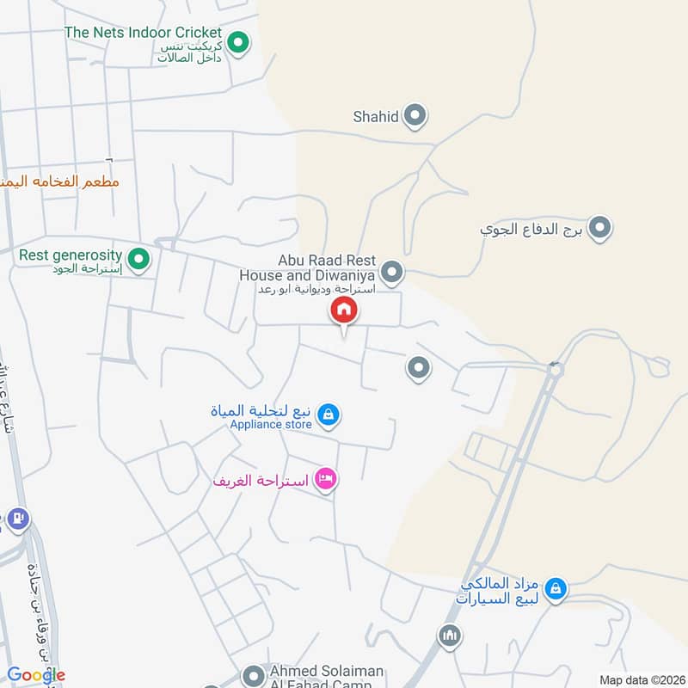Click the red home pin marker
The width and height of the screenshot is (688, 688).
coord(344,310)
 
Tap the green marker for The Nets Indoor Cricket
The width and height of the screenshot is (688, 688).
coord(239,41)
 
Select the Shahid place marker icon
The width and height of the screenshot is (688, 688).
coord(415,115)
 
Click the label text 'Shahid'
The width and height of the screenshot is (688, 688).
coord(376,116)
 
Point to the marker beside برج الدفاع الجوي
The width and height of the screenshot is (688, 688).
coord(600,229)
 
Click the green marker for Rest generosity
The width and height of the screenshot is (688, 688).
coord(137,257)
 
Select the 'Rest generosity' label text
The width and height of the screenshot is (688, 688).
coord(71,255)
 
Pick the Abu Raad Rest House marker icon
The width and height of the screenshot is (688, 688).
coord(392,273)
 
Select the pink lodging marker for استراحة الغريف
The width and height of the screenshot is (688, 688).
coord(325,479)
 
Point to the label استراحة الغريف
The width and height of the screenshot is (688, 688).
coord(261,480)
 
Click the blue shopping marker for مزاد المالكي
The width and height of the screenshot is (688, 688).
coord(556,588)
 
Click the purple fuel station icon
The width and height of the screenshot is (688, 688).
coord(17,519)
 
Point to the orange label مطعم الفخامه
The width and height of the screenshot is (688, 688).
coord(60,181)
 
